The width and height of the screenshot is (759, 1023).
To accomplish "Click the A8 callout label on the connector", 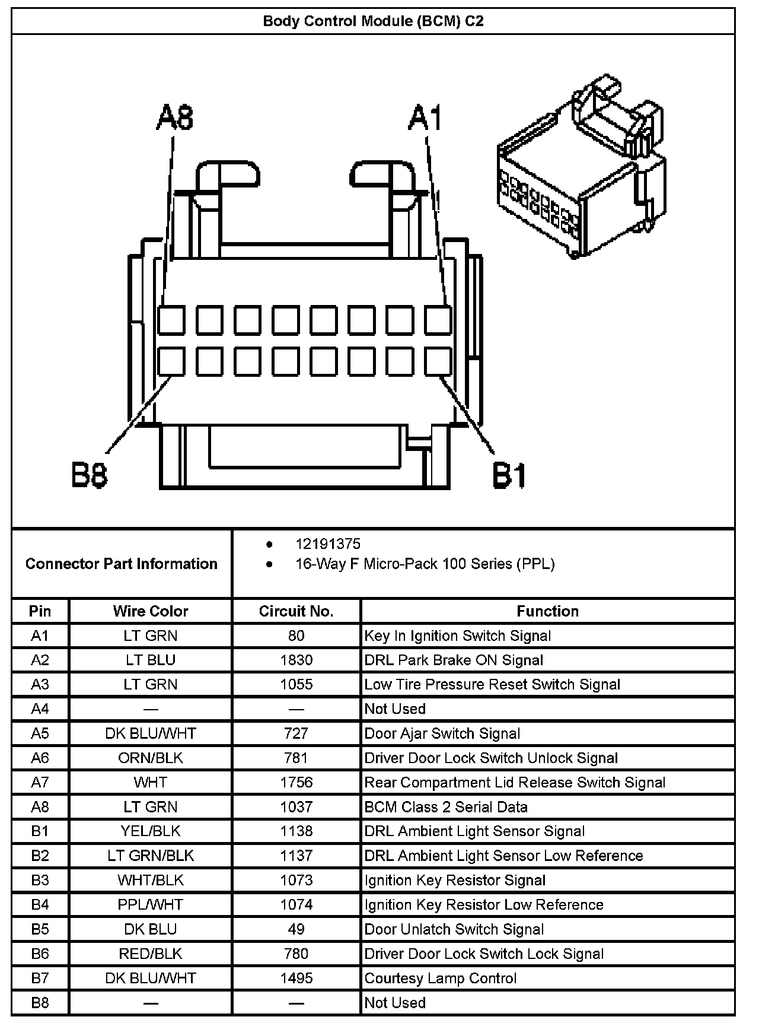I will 175,117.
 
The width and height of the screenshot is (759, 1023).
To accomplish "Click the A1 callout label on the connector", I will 425,117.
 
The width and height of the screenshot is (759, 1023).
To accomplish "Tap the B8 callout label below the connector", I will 90,475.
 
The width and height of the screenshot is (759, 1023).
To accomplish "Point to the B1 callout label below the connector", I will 509,475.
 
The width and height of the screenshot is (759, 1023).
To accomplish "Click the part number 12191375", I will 328,544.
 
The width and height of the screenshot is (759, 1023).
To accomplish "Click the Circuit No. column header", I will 296,611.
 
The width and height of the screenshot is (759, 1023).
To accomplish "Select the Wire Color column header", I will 151,611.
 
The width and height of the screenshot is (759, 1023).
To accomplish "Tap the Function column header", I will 547,611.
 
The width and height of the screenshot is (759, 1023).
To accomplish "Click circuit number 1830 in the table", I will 296,660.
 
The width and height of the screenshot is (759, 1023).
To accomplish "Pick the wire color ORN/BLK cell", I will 151,758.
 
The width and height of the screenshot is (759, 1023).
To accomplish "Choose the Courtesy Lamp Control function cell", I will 441,978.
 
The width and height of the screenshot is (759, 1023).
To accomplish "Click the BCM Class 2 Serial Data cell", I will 446,807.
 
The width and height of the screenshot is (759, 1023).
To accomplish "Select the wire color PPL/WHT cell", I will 151,904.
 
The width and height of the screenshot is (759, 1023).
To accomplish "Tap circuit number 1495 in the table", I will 296,978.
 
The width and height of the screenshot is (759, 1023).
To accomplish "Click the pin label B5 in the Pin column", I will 40,929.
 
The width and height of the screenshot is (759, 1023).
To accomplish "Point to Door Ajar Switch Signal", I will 442,733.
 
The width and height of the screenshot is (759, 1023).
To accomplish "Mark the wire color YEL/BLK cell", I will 151,831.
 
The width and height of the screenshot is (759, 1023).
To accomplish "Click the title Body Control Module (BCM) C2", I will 373,21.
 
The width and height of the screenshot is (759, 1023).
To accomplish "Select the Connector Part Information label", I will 122,564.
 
